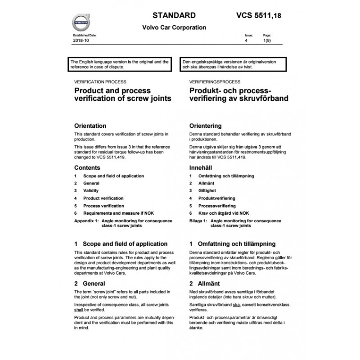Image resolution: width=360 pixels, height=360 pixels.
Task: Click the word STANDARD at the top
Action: [174, 15]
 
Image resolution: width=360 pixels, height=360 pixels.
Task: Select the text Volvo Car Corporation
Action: [174, 27]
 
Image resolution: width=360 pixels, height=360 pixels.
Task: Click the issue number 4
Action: [246, 41]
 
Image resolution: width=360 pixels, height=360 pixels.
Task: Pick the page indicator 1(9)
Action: [267, 41]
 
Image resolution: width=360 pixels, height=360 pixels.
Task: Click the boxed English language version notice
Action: [119, 63]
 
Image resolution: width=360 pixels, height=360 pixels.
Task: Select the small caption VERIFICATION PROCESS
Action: [100, 82]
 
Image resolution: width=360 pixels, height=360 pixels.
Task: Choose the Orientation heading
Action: [90, 126]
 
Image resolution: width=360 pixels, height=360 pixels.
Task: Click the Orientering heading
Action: [206, 126]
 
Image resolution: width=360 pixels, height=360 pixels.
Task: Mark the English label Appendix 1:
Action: [86, 221]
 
